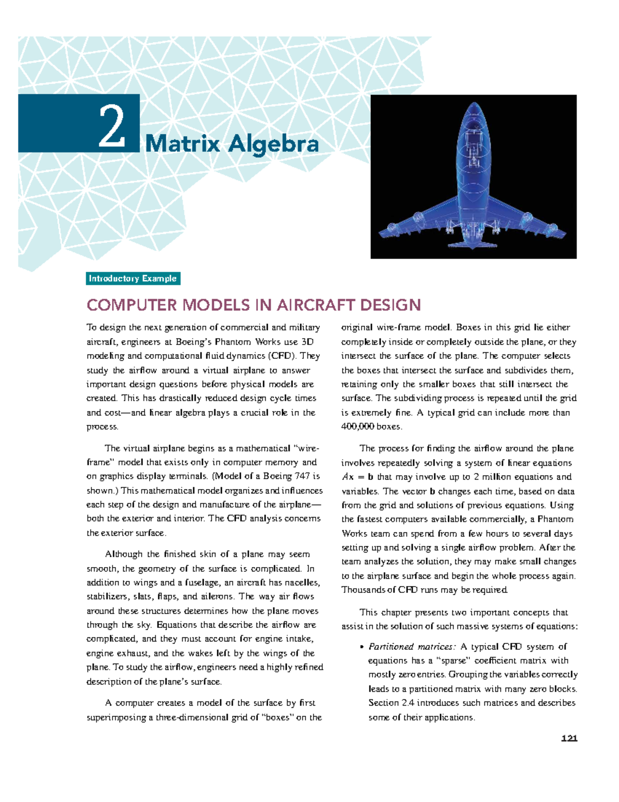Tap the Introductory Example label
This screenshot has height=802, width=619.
click(x=133, y=279)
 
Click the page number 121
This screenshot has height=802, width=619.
click(x=569, y=738)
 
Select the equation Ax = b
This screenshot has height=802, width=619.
click(x=357, y=477)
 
